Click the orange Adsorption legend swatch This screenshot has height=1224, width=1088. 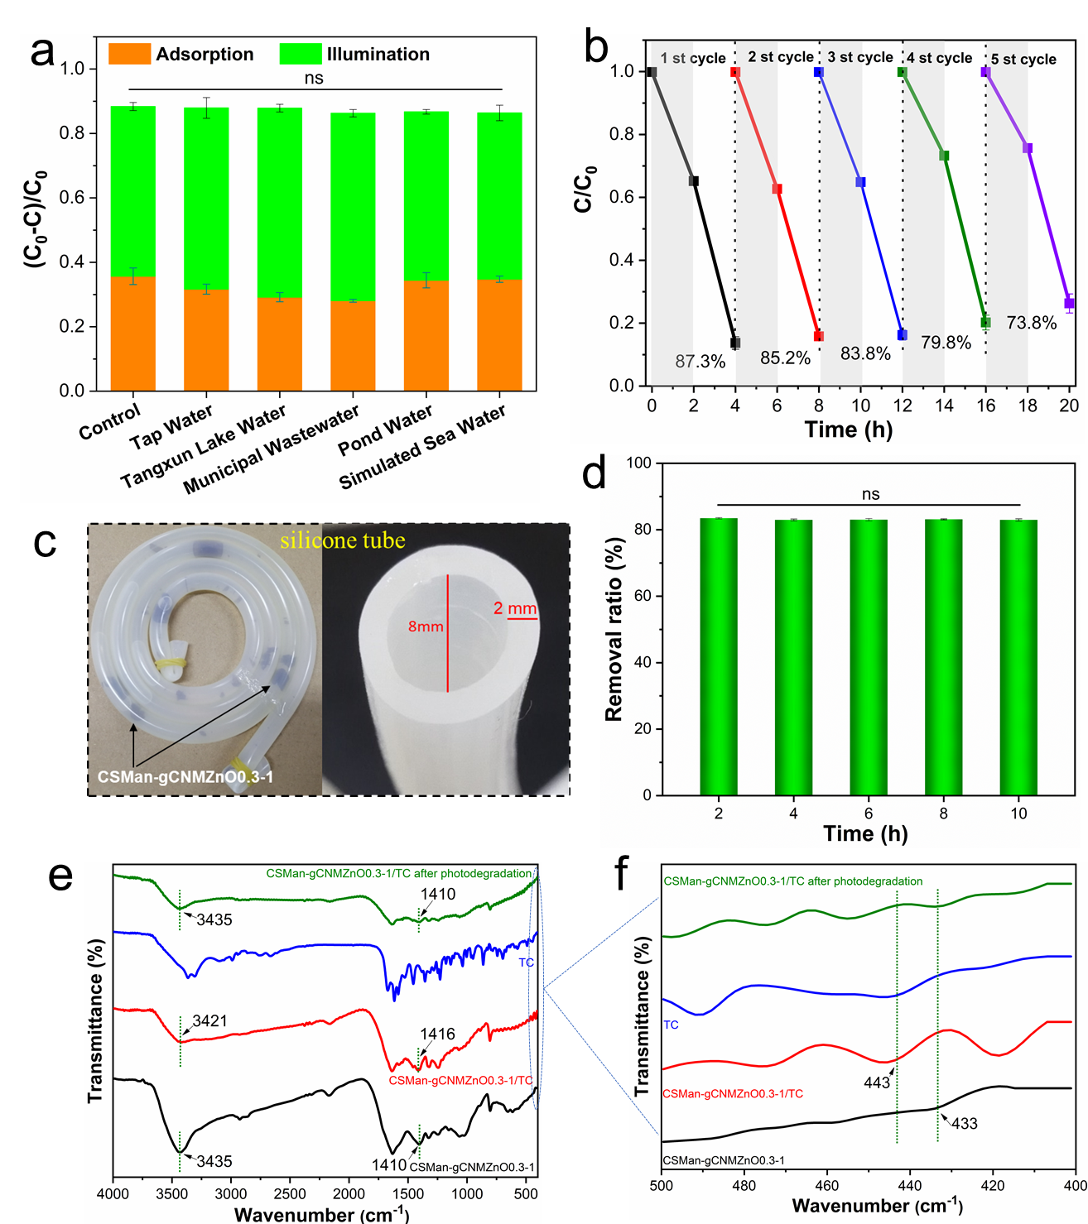pos(130,54)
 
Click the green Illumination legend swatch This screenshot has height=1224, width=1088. pos(300,54)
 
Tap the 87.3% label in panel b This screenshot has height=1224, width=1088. pos(700,362)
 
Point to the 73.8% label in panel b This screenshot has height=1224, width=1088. pos(1031,323)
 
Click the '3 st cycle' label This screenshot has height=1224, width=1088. pos(860,57)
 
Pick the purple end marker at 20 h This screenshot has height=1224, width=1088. pos(1069,304)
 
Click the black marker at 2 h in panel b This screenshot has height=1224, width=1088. pos(694,181)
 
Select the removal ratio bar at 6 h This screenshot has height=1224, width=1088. pos(869,657)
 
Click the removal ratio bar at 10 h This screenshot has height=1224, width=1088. pos(1018,657)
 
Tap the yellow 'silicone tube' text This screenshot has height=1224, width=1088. pos(342,540)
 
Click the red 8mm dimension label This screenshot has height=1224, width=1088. pos(426,626)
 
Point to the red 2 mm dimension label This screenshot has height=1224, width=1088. pos(515,608)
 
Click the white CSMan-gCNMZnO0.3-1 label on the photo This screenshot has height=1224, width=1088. pos(185,777)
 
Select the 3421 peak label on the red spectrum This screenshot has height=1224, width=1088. pos(209,1020)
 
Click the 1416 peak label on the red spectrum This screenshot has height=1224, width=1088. pos(437,1034)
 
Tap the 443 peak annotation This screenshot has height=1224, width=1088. pos(877,1082)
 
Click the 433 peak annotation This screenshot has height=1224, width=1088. pos(965,1123)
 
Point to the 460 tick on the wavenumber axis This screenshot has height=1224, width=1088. pos(827,1185)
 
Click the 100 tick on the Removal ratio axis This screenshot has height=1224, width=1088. pos(639,463)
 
